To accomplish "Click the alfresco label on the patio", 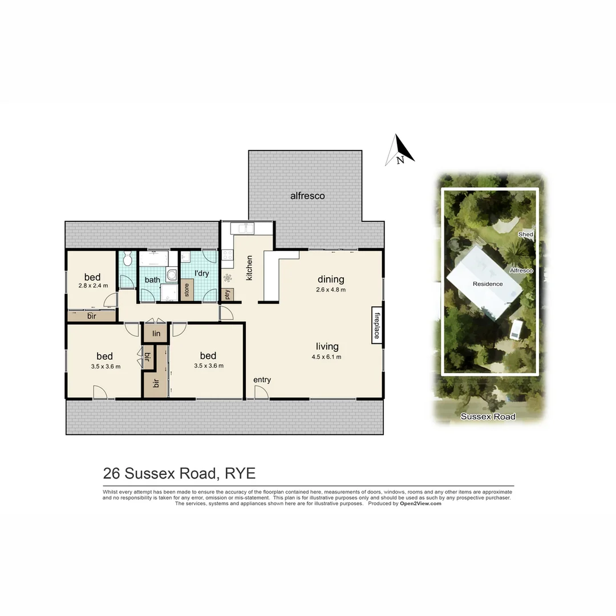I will pyautogui.click(x=307, y=196).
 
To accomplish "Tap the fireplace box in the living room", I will pyautogui.click(x=376, y=326).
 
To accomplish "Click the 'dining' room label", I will pyautogui.click(x=331, y=279).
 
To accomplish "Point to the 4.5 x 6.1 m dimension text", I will pyautogui.click(x=327, y=357).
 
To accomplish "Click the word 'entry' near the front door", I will pyautogui.click(x=262, y=380).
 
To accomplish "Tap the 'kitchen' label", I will pyautogui.click(x=249, y=268).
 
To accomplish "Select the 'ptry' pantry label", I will pyautogui.click(x=227, y=295).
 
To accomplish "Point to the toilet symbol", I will pyautogui.click(x=127, y=259).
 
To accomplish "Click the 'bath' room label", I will pyautogui.click(x=152, y=280).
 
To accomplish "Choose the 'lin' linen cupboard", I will pyautogui.click(x=156, y=334).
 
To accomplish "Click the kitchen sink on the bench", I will pyautogui.click(x=245, y=229).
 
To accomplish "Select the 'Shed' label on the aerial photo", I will pyautogui.click(x=525, y=234).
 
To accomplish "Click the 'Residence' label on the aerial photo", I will pyautogui.click(x=488, y=283).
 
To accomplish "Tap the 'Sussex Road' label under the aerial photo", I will pyautogui.click(x=488, y=417).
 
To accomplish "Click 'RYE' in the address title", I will pyautogui.click(x=240, y=473).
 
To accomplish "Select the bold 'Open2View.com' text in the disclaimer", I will pyautogui.click(x=421, y=504).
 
